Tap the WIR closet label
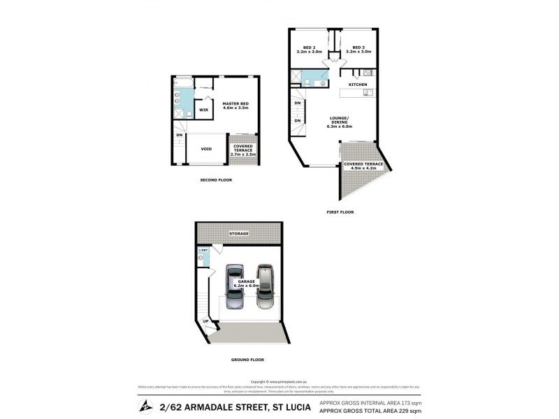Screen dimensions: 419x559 pyautogui.click(x=203, y=110)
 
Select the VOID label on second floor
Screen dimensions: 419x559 pyautogui.click(x=206, y=148)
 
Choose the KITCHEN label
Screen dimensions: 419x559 pyautogui.click(x=358, y=84)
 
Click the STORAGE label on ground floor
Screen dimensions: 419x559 pyautogui.click(x=239, y=233)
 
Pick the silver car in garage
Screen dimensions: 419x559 pyautogui.click(x=264, y=286)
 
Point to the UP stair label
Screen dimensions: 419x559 pyautogui.click(x=206, y=321)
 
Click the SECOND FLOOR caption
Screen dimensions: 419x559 pyautogui.click(x=215, y=179)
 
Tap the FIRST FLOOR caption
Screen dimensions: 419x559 pyautogui.click(x=340, y=211)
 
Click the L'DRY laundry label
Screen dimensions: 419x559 pyautogui.click(x=204, y=250)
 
